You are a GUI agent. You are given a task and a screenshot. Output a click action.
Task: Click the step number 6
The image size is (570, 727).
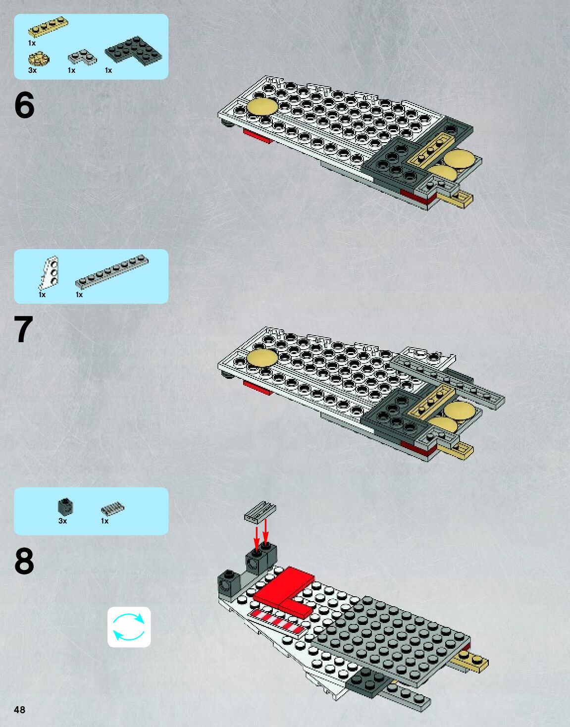[x=24, y=105]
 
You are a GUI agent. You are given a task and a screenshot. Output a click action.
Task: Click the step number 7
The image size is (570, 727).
[x=23, y=330]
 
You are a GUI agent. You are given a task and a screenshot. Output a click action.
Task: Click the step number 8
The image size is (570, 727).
[x=24, y=562]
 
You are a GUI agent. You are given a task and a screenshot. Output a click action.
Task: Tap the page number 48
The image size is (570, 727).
[x=19, y=710]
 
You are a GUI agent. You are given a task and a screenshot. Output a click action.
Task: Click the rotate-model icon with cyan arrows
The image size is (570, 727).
[x=129, y=627]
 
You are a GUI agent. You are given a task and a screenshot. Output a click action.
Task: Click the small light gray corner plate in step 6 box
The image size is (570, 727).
[x=82, y=58]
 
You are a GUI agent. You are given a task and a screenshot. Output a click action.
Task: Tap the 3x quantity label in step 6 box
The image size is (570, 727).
[x=32, y=70]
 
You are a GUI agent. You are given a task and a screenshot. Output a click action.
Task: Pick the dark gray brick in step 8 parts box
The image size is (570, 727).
[x=65, y=506]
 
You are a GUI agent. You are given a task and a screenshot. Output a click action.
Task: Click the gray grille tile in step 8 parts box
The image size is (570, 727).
[x=112, y=509]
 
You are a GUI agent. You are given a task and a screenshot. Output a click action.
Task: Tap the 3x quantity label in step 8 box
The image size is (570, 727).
[x=62, y=521]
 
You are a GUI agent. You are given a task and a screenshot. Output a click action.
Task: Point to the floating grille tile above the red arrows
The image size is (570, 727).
[x=260, y=511]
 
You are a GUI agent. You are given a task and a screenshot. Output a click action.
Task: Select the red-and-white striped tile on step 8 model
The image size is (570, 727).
[x=277, y=622]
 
